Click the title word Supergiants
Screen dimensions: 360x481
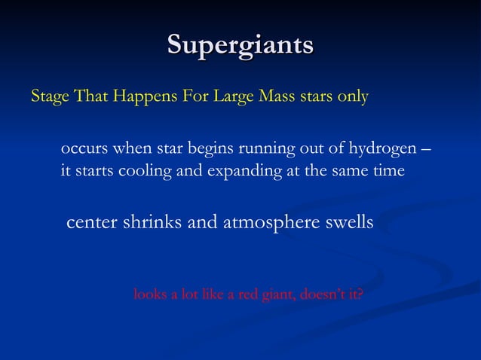[x=240, y=44]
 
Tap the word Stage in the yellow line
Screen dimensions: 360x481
[x=48, y=98]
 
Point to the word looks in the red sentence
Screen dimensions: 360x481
[x=149, y=294]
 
